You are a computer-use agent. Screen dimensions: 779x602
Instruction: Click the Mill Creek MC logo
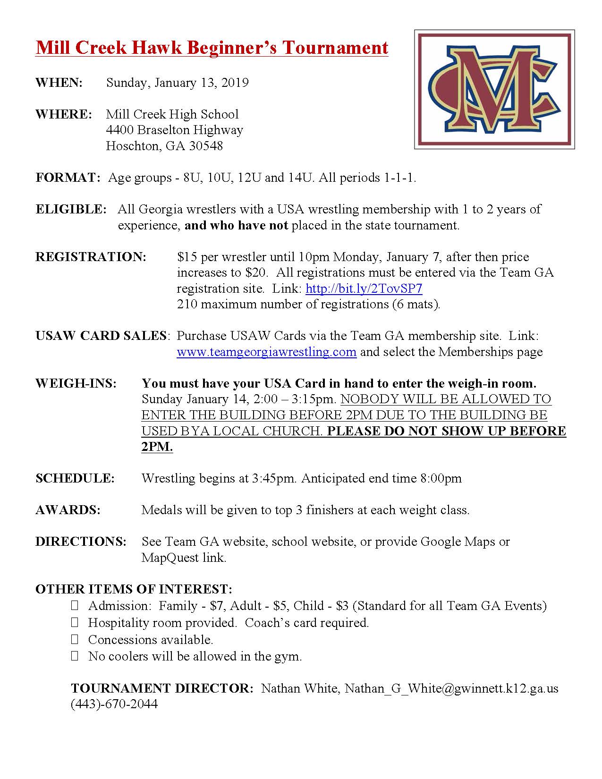[x=494, y=89]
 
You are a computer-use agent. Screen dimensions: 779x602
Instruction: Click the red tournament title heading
[x=212, y=48]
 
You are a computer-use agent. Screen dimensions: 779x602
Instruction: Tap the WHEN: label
[x=59, y=83]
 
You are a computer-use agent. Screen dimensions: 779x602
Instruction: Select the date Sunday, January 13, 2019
[x=177, y=83]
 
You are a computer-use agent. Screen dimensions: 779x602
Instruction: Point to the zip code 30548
[x=206, y=146]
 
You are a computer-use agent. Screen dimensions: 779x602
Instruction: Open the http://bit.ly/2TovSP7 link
[x=364, y=288]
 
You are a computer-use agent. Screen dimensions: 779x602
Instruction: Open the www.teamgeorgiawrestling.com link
[x=266, y=352]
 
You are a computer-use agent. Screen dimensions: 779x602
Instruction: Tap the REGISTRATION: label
[x=91, y=257]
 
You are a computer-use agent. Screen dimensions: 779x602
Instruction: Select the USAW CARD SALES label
[x=101, y=336]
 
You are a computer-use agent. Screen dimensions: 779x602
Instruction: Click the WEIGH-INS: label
[x=76, y=383]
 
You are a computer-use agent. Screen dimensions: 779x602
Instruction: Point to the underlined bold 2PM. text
[x=157, y=447]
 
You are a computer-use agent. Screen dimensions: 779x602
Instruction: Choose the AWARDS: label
[x=68, y=510]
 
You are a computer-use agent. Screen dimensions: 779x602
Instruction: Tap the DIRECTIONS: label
[x=81, y=542]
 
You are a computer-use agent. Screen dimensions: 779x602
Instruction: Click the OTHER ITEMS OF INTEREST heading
[x=134, y=589]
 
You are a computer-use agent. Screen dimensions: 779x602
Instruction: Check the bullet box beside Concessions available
[x=75, y=640]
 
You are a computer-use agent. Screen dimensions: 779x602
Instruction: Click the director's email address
[x=451, y=688]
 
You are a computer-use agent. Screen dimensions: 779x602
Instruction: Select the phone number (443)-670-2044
[x=114, y=704]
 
